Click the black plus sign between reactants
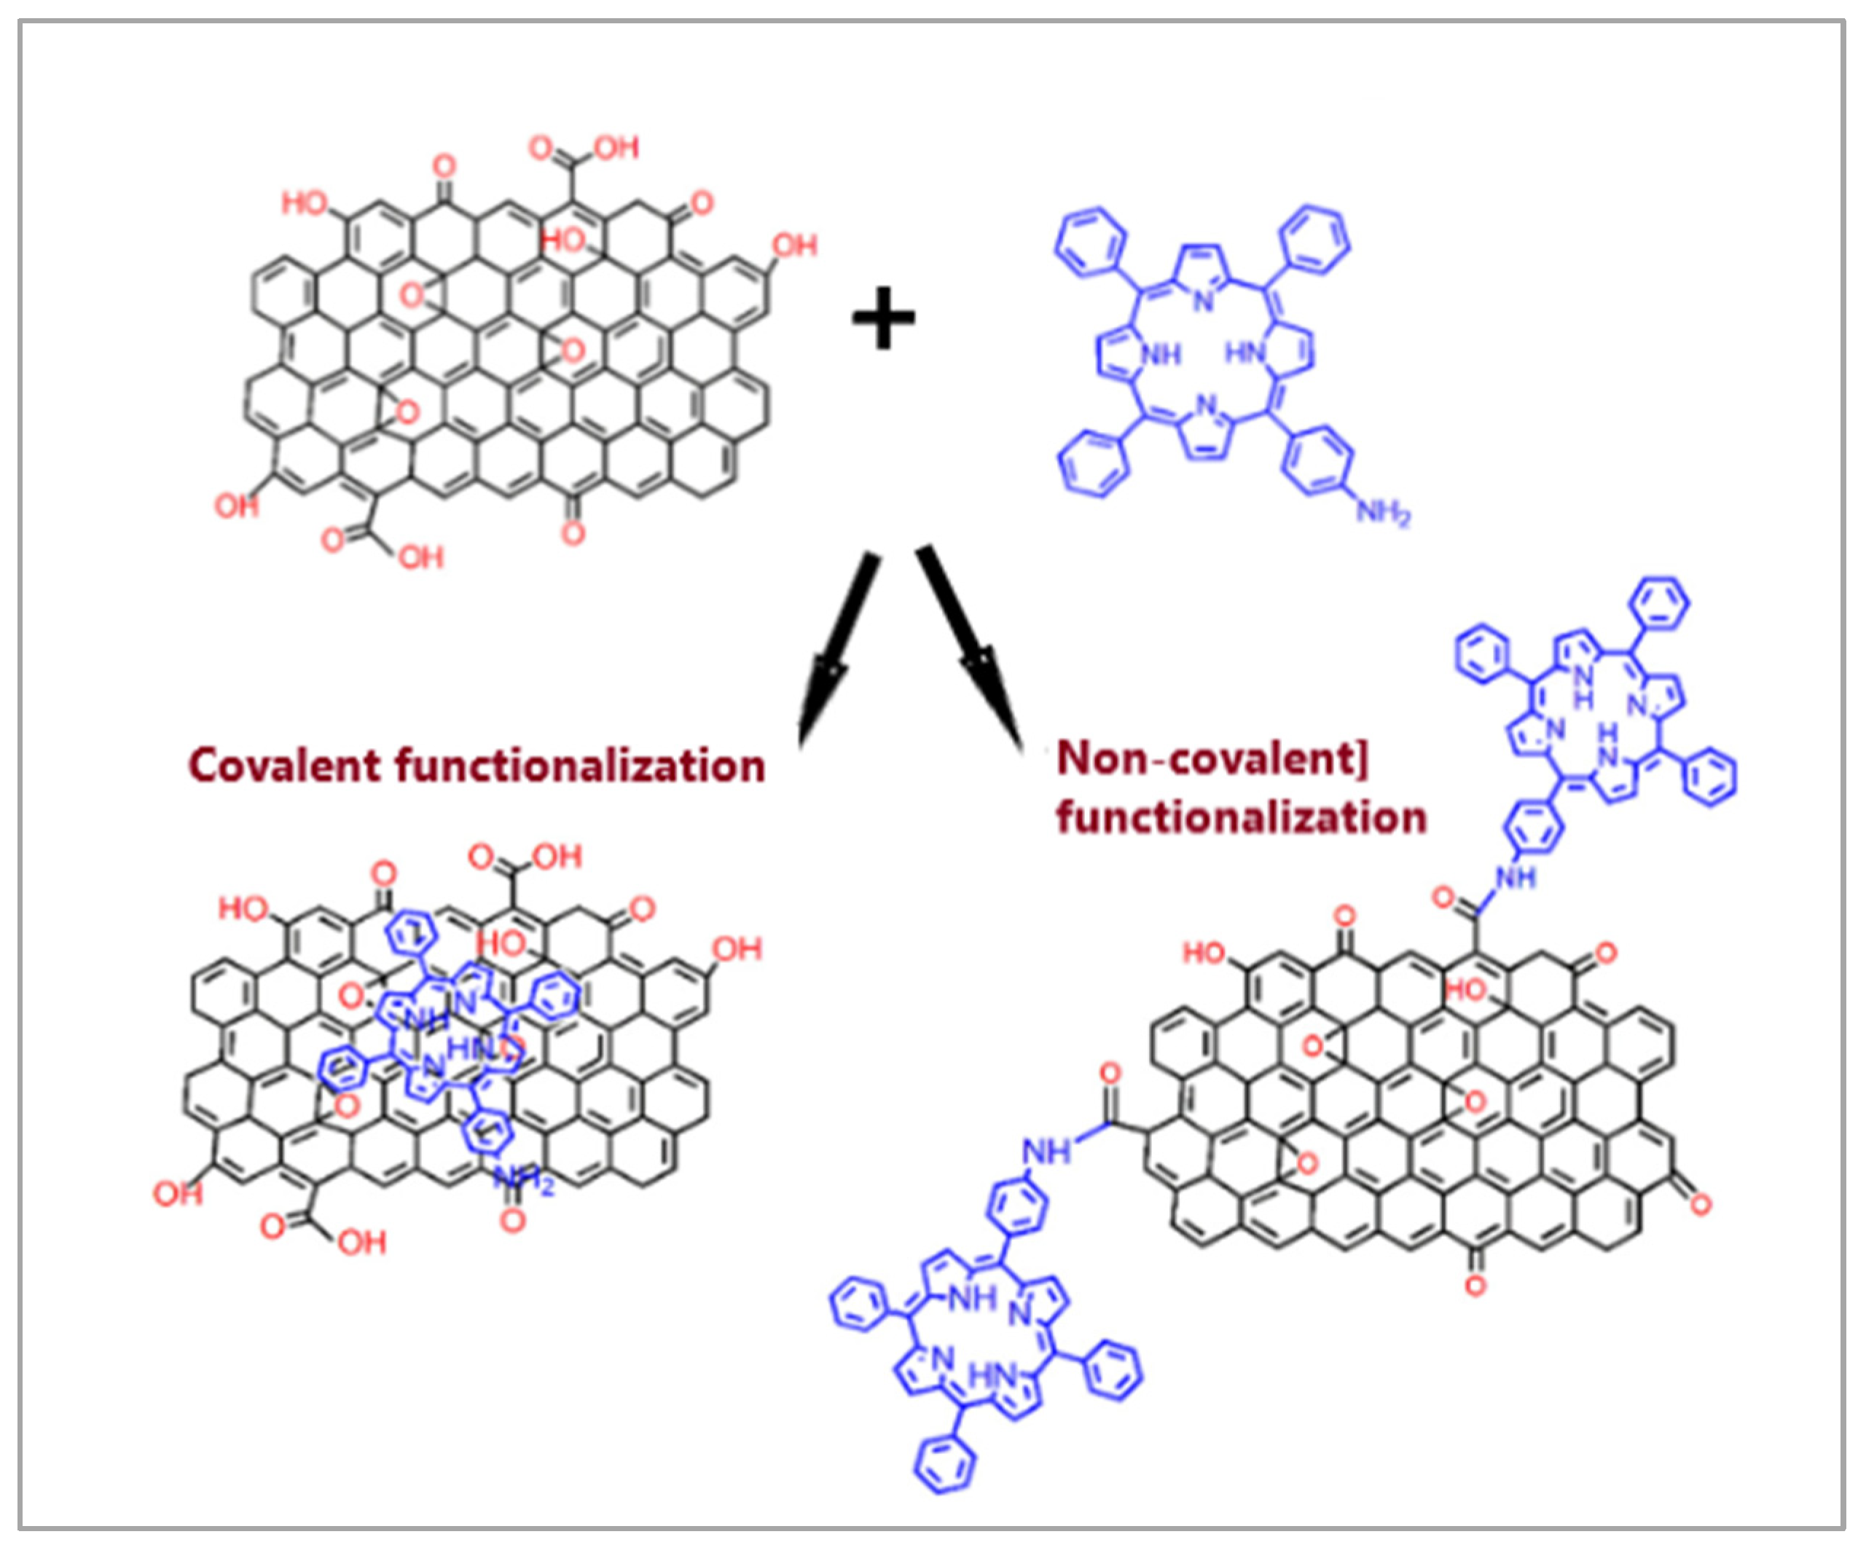coord(882,318)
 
